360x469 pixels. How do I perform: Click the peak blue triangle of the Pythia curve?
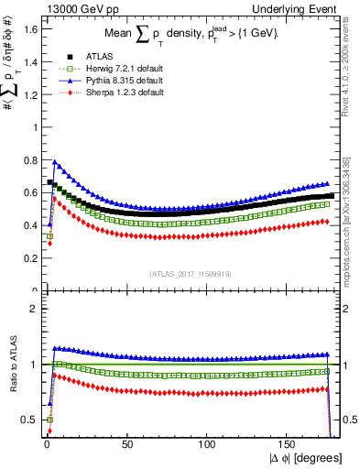tap(55, 163)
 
